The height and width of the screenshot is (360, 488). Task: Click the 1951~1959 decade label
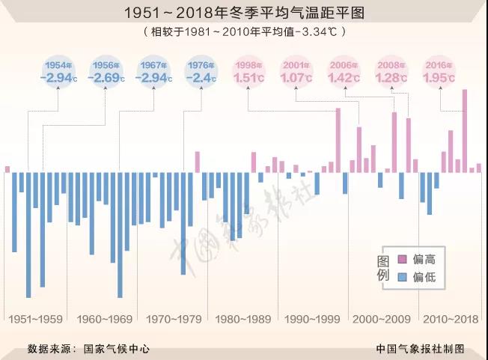36,320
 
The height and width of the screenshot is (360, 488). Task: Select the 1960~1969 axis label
105,320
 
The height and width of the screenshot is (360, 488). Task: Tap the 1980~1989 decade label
243,320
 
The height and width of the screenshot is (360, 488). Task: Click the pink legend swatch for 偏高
402,259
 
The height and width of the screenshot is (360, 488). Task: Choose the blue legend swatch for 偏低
402,277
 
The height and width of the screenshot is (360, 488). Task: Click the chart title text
244,13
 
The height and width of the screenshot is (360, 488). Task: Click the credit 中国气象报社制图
421,348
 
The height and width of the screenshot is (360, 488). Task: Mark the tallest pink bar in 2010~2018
465,131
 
